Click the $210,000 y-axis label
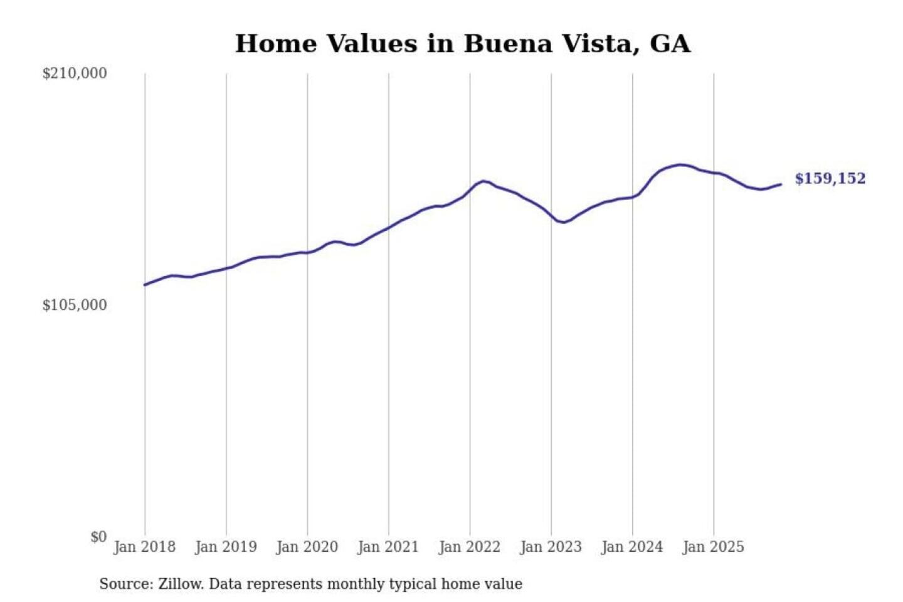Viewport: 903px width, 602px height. click(x=74, y=73)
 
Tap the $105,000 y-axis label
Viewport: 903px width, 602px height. click(x=74, y=305)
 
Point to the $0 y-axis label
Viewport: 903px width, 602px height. click(x=98, y=537)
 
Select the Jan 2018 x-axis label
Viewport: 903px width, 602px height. click(x=144, y=547)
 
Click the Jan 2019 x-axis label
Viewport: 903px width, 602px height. click(x=226, y=547)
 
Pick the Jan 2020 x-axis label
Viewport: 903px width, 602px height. click(x=307, y=547)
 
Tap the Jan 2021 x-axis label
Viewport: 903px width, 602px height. click(x=388, y=547)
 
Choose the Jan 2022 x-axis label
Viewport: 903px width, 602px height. click(x=469, y=547)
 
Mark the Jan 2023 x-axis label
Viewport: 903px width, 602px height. click(x=551, y=547)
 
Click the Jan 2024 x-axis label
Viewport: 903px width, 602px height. click(x=631, y=547)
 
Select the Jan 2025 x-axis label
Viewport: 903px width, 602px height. click(x=713, y=547)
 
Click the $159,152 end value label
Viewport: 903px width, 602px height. click(x=830, y=179)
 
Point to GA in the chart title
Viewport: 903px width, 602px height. click(x=670, y=44)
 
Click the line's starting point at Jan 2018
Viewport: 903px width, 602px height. click(x=145, y=285)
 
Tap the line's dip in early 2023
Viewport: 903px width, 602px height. click(x=564, y=222)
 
